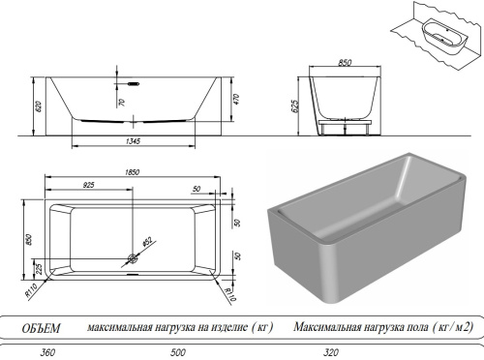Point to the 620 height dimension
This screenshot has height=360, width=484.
[38, 105]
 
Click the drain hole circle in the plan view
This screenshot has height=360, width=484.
[133, 258]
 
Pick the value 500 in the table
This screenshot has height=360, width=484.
[178, 353]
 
